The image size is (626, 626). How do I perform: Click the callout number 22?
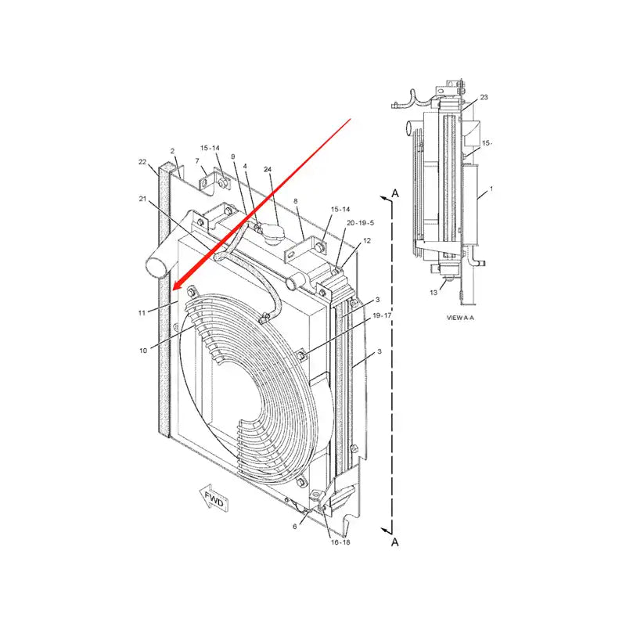[142, 162]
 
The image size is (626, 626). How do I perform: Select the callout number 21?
[143, 200]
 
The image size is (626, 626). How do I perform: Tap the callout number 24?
[268, 170]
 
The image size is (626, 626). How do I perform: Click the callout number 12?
[367, 241]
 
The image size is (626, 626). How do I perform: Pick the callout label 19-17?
[382, 315]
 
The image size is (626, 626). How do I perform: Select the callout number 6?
[295, 527]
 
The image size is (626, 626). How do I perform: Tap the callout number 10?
[143, 351]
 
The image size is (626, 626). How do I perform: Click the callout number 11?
[142, 312]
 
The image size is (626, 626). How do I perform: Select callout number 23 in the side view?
[484, 97]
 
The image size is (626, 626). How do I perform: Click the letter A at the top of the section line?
[396, 192]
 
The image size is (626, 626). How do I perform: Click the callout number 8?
[296, 201]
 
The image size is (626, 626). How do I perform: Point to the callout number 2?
[172, 150]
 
